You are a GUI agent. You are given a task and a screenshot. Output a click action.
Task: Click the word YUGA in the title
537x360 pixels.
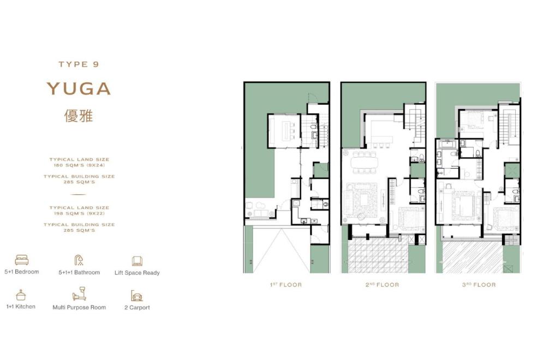(x=79, y=88)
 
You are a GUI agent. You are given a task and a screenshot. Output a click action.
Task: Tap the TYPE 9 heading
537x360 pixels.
(x=79, y=64)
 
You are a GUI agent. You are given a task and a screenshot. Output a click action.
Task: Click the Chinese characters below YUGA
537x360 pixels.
(x=79, y=116)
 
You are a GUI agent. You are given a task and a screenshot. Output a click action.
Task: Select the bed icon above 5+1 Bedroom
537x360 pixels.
(x=22, y=260)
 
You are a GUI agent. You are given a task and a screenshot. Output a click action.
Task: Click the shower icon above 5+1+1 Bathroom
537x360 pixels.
(x=79, y=260)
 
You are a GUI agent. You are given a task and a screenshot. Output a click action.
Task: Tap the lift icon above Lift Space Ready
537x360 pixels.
(x=137, y=261)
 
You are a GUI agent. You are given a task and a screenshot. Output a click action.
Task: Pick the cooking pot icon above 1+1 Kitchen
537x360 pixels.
(x=21, y=295)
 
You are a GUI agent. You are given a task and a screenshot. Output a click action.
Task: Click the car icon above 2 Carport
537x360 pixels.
(x=136, y=296)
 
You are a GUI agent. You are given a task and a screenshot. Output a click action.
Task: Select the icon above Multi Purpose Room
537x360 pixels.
(x=79, y=294)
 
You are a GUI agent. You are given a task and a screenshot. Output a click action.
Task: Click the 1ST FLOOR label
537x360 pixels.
(x=286, y=285)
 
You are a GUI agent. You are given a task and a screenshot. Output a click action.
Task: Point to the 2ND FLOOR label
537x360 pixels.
(x=382, y=285)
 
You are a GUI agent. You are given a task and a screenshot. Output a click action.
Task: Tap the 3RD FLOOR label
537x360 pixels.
(x=479, y=285)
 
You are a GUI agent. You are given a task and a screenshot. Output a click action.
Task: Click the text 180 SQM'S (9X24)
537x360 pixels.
(x=79, y=165)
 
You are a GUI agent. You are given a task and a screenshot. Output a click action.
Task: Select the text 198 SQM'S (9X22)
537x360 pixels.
(x=79, y=213)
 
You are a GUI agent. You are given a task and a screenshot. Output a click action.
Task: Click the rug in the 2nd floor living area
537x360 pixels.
(x=361, y=201)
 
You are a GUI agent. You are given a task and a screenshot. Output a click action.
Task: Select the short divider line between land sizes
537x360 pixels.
(x=79, y=194)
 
